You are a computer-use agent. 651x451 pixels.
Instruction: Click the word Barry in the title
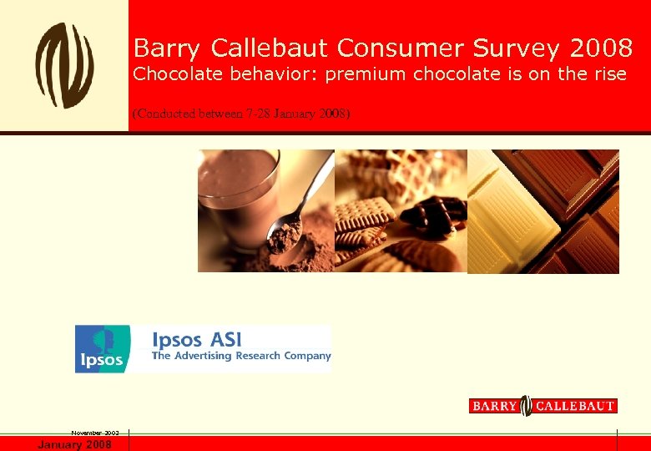pyautogui.click(x=169, y=48)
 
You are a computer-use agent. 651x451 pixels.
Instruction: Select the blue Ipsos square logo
pyautogui.click(x=103, y=348)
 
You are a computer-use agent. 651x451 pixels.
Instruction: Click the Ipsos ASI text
pyautogui.click(x=197, y=339)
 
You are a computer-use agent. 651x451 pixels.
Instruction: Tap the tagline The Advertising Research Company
pyautogui.click(x=241, y=356)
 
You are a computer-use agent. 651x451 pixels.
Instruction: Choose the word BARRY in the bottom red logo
pyautogui.click(x=494, y=406)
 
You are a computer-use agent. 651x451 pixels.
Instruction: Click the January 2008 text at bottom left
pyautogui.click(x=74, y=444)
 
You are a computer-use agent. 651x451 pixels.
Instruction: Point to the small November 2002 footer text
pyautogui.click(x=95, y=433)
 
